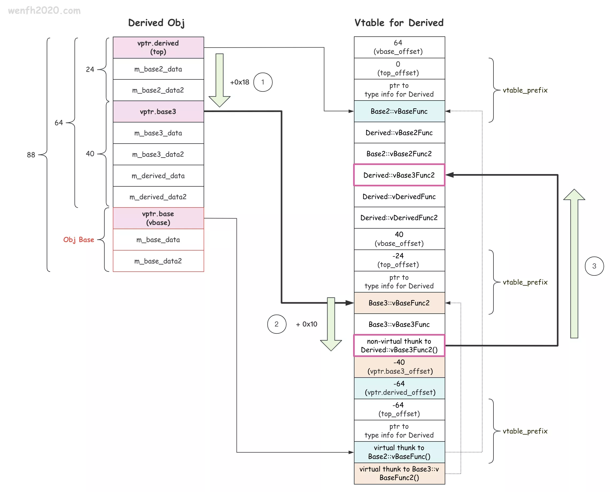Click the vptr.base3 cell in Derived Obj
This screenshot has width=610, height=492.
click(158, 112)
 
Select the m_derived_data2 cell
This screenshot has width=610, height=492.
click(158, 197)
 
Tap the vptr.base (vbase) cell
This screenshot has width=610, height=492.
click(158, 218)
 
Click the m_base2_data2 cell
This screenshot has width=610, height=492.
click(158, 90)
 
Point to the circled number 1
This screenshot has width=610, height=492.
click(263, 82)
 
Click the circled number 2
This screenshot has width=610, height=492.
click(276, 324)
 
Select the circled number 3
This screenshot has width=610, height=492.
click(594, 266)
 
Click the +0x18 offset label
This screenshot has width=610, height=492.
click(240, 82)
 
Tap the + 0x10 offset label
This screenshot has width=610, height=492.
click(306, 324)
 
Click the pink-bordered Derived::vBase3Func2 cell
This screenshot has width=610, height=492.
click(399, 175)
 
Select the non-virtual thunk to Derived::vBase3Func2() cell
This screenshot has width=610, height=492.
click(399, 345)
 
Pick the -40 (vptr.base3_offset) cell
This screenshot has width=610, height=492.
click(399, 367)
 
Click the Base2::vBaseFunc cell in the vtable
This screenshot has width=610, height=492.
click(399, 111)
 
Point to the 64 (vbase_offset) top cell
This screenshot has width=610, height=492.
click(399, 47)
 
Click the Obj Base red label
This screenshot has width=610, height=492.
click(79, 240)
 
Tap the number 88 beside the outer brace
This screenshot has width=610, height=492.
click(31, 155)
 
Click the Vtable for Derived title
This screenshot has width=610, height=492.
click(399, 23)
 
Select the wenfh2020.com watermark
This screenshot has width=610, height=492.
click(44, 10)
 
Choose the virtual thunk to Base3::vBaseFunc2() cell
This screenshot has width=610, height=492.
click(399, 473)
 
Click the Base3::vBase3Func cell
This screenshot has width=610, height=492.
click(399, 324)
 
